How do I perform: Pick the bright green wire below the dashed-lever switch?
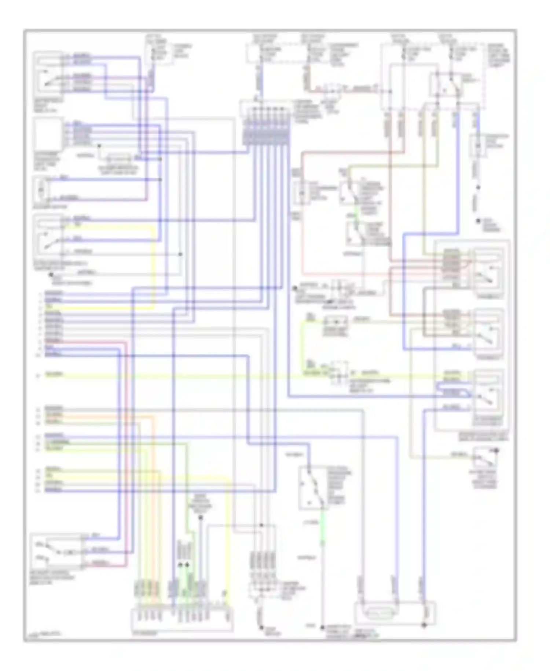(x=323, y=529)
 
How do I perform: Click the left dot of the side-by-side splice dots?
(x=180, y=565)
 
